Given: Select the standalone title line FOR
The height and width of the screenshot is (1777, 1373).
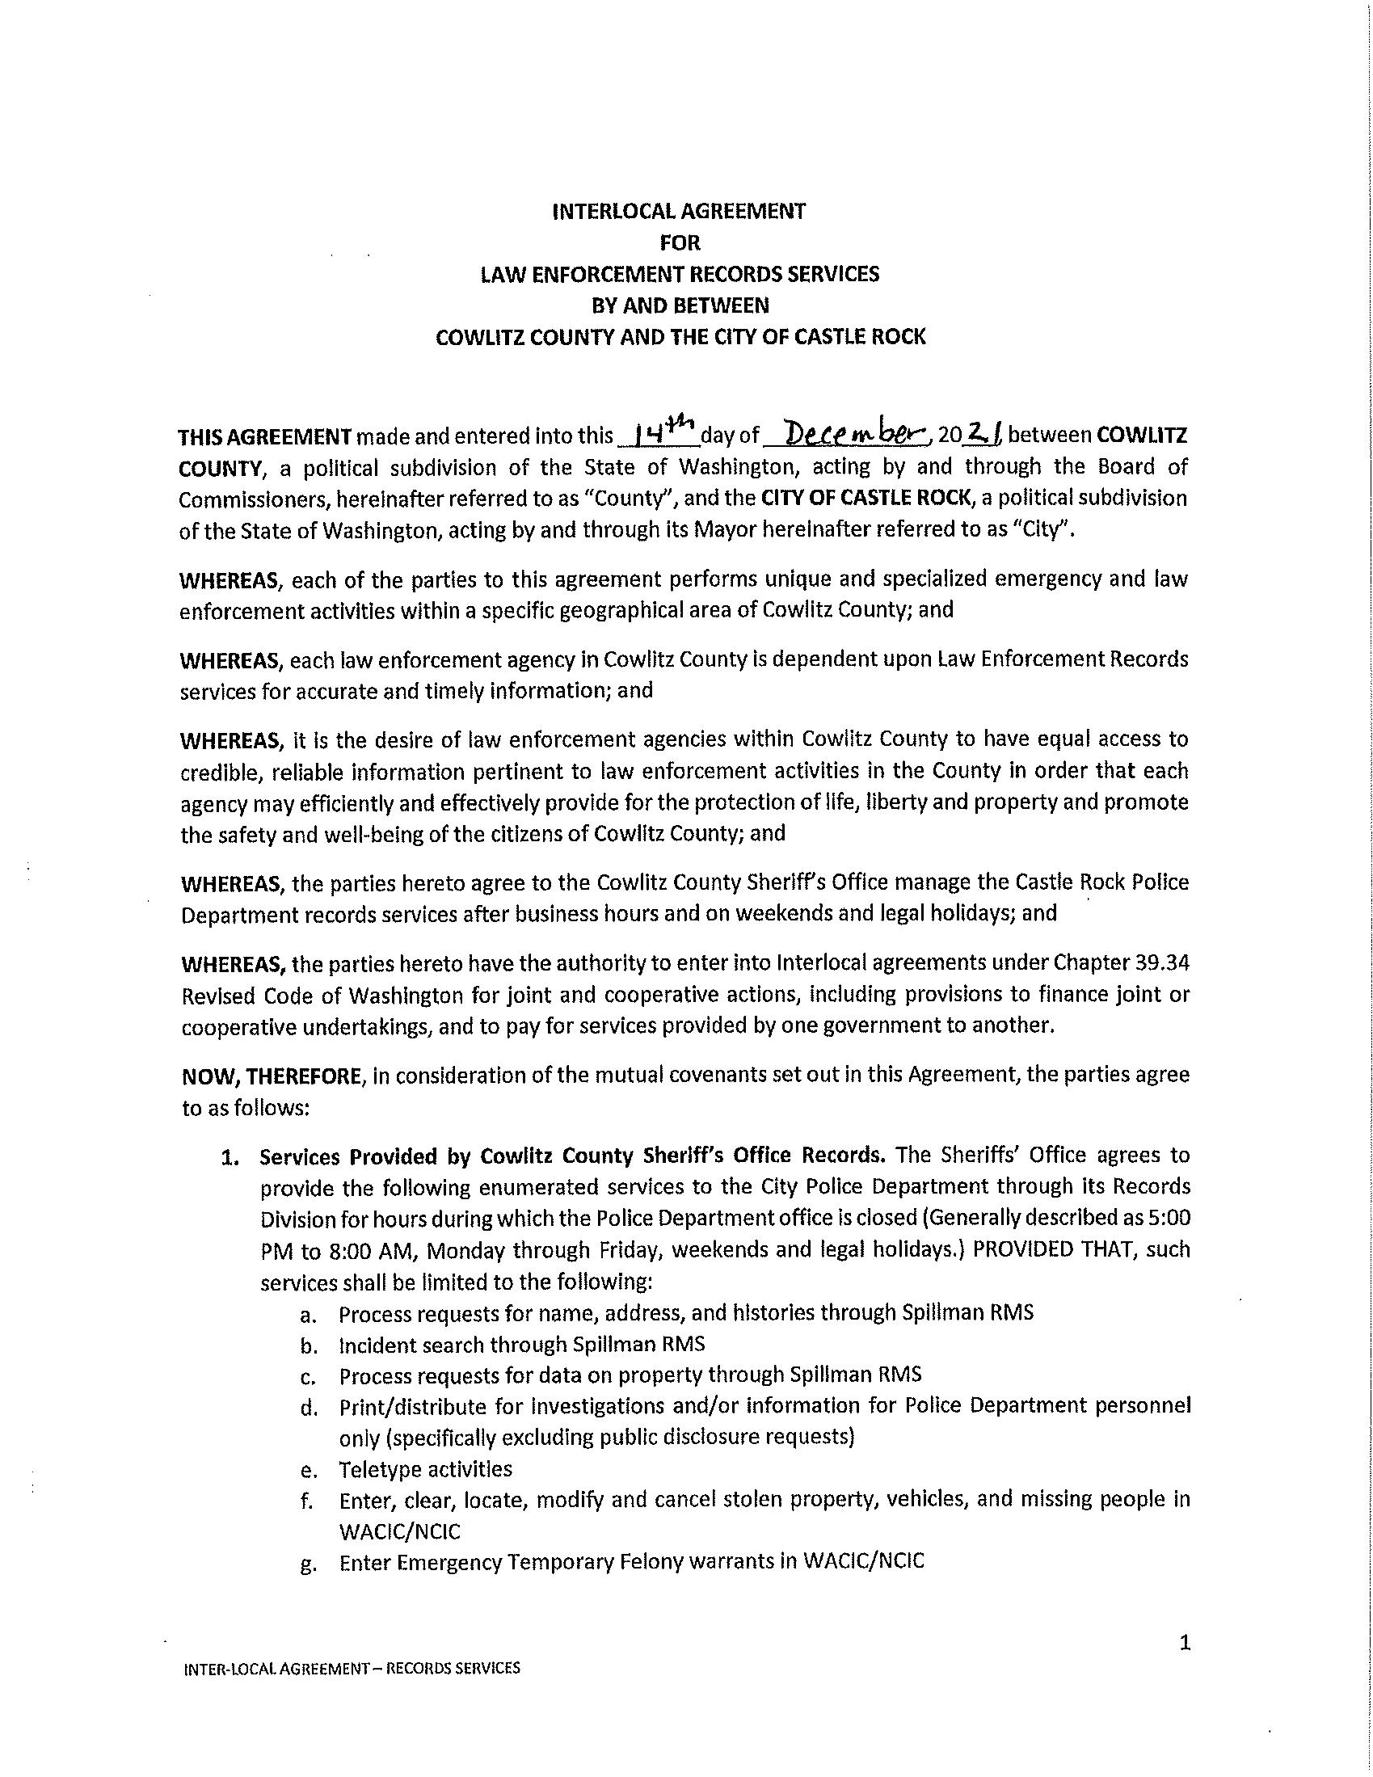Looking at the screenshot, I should (x=680, y=242).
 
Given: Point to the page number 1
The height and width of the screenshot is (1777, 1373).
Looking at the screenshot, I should (x=1184, y=1644).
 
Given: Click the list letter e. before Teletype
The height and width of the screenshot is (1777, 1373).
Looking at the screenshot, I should (x=308, y=1470).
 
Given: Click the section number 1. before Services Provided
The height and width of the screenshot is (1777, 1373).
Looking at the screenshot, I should (x=232, y=1156).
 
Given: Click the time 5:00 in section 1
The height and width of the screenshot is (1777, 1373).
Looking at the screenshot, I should (x=1170, y=1219).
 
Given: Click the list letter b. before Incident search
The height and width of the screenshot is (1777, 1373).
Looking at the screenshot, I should (x=308, y=1345).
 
